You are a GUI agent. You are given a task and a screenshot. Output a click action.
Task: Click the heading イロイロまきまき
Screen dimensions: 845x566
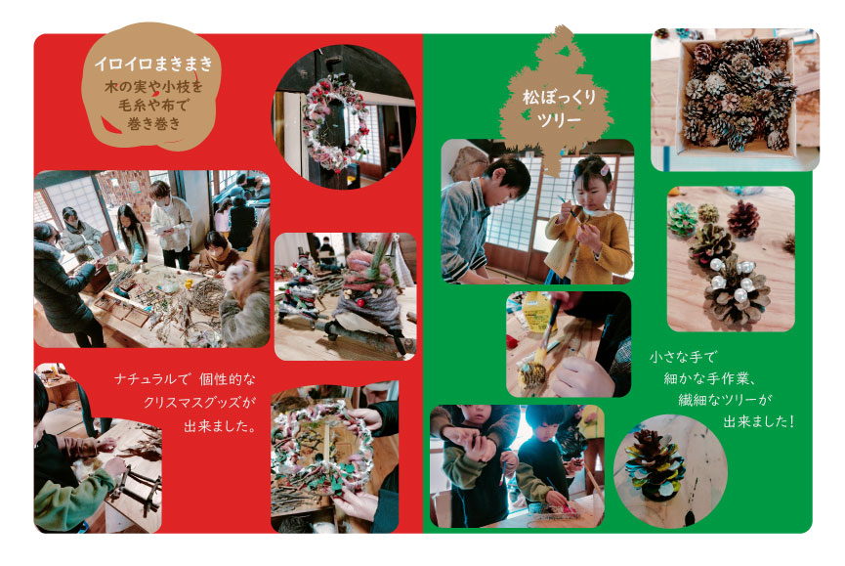point(153,64)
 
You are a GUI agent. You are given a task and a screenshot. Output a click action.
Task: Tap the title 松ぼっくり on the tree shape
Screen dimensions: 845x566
point(559,98)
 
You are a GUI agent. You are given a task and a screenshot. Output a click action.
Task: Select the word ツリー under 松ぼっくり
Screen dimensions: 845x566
point(559,119)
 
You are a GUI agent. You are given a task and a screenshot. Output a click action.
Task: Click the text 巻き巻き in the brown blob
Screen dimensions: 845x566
point(153,124)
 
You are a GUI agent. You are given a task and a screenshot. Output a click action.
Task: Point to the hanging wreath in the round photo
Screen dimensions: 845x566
point(333,122)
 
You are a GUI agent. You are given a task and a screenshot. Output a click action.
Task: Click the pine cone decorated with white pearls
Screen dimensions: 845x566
point(737,291)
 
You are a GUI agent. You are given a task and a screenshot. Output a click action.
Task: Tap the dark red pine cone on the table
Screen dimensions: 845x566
point(743,218)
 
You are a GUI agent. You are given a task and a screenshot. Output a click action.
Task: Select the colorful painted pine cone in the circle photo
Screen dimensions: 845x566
point(655,463)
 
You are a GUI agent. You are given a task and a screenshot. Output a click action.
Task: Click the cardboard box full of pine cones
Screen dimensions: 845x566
point(737,97)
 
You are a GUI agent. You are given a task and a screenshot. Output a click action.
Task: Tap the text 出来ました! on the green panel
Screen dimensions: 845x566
point(758,421)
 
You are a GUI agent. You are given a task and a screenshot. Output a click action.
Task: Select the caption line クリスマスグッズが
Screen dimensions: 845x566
point(199,402)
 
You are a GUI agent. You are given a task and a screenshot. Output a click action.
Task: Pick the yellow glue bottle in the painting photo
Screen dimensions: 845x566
point(537,312)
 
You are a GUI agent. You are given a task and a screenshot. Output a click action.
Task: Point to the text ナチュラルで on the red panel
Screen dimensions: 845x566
point(152,379)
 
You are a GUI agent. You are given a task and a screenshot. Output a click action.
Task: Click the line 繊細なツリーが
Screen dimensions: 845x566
point(725,400)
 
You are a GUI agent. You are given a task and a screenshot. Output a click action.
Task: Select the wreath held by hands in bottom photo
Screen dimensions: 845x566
point(321,449)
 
